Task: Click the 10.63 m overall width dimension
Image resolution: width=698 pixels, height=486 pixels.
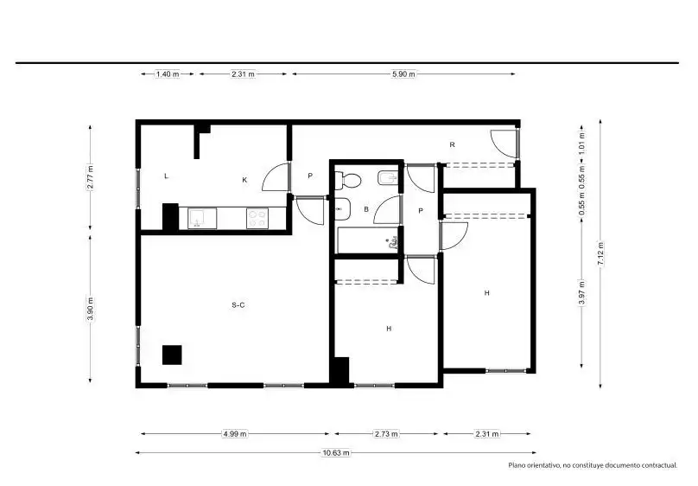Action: (x=336, y=452)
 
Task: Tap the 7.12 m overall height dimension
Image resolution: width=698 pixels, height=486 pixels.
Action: (x=600, y=254)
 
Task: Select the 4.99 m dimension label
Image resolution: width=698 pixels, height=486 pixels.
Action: (x=235, y=433)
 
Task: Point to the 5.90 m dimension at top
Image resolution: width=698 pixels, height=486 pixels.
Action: (x=403, y=74)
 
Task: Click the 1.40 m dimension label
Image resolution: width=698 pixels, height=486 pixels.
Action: (x=168, y=74)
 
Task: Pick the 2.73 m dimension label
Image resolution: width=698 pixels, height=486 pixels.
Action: (x=386, y=433)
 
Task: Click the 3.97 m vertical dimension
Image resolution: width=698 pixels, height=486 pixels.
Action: (x=582, y=292)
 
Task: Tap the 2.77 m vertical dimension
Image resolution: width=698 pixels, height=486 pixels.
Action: (x=91, y=177)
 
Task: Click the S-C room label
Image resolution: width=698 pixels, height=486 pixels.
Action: (x=238, y=305)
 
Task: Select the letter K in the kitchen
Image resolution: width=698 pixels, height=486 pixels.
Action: (x=244, y=180)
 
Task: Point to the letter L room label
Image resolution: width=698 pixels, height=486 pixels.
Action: (x=166, y=176)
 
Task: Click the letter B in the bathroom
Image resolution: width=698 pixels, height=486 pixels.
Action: (x=366, y=209)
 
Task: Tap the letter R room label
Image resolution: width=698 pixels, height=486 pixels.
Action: (x=453, y=144)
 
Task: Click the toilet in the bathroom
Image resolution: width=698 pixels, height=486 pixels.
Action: (x=347, y=181)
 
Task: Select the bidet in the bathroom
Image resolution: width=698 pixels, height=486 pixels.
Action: (x=387, y=179)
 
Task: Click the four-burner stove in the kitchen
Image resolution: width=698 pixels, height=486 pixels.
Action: (x=257, y=218)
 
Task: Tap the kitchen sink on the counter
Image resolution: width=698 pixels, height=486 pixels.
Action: (x=202, y=218)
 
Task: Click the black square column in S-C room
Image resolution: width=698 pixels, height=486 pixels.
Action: (x=172, y=355)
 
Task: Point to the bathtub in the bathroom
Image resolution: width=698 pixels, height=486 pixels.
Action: (x=367, y=240)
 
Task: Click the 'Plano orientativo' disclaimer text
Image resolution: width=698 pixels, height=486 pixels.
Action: (x=593, y=465)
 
